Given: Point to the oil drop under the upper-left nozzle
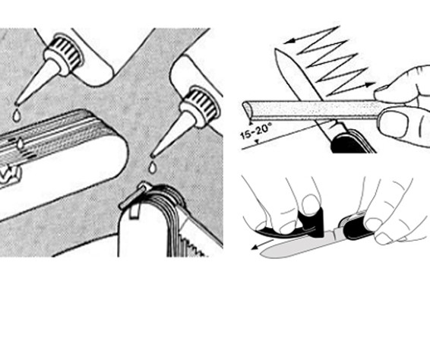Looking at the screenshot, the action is click(x=17, y=115).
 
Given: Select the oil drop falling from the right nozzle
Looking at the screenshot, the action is click(x=152, y=167).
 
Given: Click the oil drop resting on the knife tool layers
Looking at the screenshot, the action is click(x=20, y=144).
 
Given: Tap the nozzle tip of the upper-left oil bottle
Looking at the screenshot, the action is click(x=17, y=104).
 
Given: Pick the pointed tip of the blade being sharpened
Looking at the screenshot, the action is click(x=276, y=49).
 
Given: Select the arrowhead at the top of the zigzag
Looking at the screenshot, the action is click(x=289, y=41).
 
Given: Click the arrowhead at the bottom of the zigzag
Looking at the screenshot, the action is click(x=370, y=84).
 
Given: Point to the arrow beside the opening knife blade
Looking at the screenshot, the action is click(x=262, y=245).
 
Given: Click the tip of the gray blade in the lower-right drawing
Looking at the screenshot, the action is click(x=262, y=254).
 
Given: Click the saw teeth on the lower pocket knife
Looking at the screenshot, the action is click(x=193, y=245).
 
